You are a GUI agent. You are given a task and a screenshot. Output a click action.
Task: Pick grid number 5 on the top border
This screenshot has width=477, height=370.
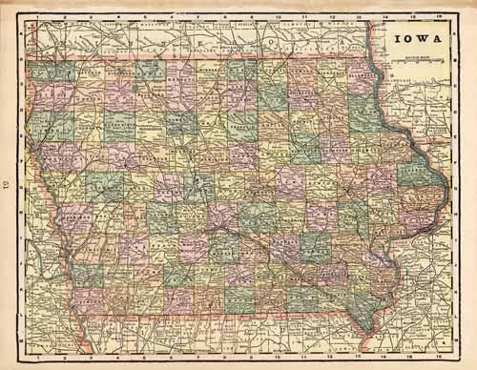145,17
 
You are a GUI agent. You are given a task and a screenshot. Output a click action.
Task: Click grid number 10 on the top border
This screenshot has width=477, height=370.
278,17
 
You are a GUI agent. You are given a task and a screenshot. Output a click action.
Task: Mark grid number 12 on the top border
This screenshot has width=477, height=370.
331,17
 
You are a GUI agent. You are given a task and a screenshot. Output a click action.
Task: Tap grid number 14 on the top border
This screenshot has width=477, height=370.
384,17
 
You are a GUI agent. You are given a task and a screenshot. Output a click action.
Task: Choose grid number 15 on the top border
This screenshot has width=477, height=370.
411,17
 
